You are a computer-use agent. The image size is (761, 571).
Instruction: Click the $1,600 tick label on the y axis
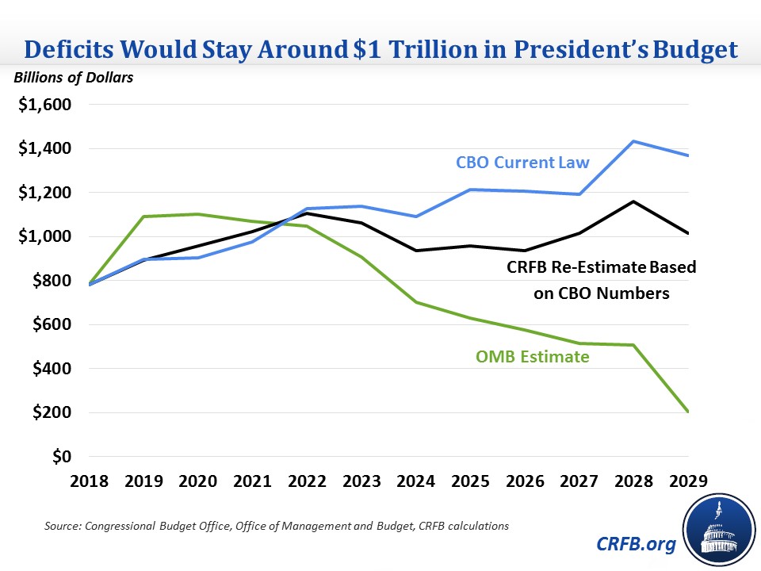pyautogui.click(x=44, y=105)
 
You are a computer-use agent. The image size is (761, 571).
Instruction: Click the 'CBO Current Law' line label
pyautogui.click(x=522, y=163)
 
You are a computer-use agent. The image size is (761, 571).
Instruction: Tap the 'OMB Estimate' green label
pyautogui.click(x=533, y=357)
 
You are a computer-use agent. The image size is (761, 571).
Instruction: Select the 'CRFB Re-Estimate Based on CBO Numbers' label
pyautogui.click(x=602, y=280)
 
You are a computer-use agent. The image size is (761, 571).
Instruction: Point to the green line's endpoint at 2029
pyautogui.click(x=688, y=412)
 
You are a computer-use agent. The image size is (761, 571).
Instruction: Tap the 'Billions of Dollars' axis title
pyautogui.click(x=72, y=78)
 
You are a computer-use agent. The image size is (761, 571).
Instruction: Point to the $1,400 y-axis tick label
pyautogui.click(x=44, y=149)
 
